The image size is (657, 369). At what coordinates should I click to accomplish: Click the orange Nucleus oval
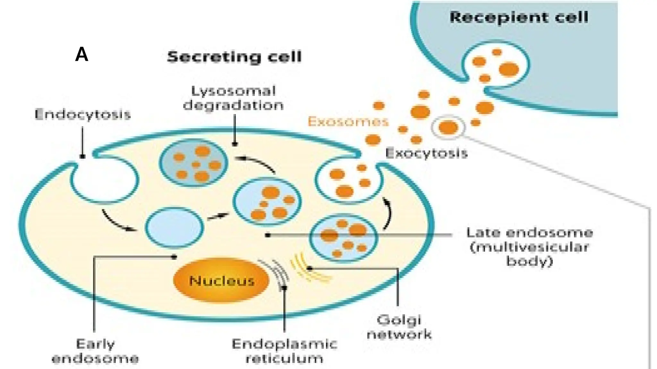point(221,280)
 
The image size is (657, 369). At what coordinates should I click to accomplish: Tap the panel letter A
point(81,54)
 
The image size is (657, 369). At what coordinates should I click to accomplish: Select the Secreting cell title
point(234,57)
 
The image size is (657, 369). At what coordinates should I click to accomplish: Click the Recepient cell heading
point(519,17)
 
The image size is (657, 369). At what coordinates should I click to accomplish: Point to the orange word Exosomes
point(348,122)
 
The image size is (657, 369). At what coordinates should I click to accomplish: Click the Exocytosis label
point(426,153)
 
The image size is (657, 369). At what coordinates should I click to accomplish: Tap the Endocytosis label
point(83,114)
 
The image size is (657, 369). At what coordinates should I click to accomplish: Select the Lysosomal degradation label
point(233,98)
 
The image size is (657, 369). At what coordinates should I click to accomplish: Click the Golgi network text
point(399,327)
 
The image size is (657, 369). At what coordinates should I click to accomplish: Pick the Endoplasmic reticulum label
point(284,351)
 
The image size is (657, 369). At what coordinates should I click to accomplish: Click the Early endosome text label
point(95,351)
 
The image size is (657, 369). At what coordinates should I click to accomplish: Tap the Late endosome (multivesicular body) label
point(529,247)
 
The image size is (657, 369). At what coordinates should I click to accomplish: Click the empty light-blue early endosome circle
point(174,227)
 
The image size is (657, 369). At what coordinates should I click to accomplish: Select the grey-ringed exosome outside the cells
point(448,127)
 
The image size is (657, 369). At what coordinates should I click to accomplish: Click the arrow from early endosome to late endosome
point(218,217)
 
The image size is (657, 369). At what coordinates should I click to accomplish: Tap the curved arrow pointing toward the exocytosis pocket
point(388,213)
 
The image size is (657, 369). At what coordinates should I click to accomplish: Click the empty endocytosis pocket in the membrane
point(104,179)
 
